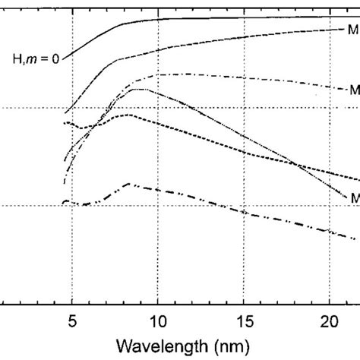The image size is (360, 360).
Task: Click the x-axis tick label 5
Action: [x=71, y=321]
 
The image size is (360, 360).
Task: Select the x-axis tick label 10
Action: [x=157, y=321]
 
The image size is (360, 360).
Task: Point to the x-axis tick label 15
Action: [x=244, y=321]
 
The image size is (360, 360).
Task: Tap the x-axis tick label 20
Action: [x=330, y=321]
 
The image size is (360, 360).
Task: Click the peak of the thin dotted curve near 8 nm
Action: [x=137, y=89]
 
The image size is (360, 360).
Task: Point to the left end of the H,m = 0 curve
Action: [x=65, y=57]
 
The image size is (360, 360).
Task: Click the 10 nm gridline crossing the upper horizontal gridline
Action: [x=157, y=108]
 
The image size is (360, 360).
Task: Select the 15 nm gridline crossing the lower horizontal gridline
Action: [x=244, y=205]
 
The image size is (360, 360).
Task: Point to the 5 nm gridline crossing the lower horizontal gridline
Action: [x=71, y=205]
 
